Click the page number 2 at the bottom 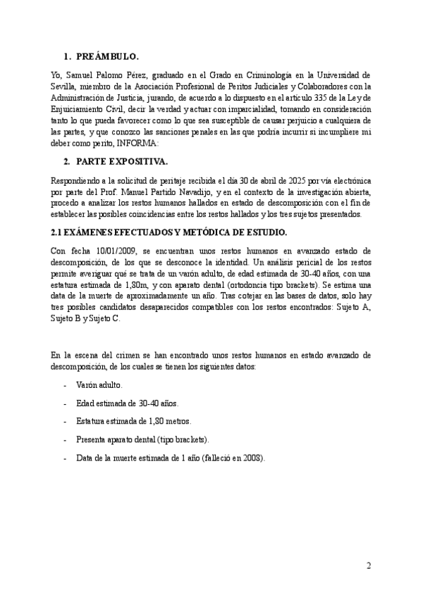tap(368, 565)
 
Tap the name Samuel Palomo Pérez tap(105, 75)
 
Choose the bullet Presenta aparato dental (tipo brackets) tap(142, 439)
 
